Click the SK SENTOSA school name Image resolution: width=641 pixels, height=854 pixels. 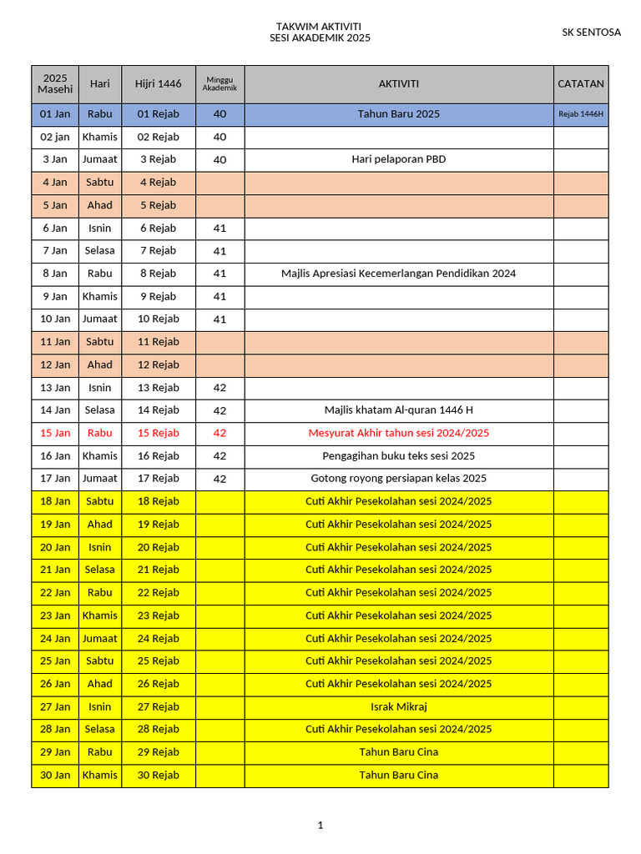(x=591, y=33)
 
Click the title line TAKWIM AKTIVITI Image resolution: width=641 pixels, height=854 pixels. (x=319, y=27)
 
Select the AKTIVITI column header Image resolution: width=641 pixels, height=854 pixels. (x=399, y=84)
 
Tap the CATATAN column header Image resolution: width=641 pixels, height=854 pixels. (x=581, y=84)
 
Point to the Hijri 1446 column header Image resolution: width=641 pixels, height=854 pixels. (x=159, y=84)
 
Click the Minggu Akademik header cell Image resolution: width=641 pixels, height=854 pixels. (x=220, y=84)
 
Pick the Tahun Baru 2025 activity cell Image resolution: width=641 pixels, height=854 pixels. (x=399, y=114)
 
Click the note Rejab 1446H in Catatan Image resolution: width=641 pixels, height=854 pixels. (x=581, y=114)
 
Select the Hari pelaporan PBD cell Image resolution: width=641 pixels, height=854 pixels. (x=399, y=159)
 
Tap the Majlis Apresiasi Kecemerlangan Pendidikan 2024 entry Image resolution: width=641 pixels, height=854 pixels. (x=399, y=274)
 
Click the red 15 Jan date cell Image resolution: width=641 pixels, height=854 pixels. (x=56, y=433)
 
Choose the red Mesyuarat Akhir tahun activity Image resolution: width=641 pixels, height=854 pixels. (x=399, y=433)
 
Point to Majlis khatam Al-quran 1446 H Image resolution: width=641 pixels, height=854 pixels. (x=399, y=410)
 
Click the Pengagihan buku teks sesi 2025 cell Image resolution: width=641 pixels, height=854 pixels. (x=399, y=456)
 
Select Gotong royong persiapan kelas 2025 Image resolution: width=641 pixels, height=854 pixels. (x=399, y=479)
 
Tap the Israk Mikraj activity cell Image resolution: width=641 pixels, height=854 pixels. (x=399, y=706)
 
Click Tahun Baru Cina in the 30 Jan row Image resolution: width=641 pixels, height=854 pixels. (x=399, y=775)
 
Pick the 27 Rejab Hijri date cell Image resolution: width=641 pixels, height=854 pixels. (x=159, y=706)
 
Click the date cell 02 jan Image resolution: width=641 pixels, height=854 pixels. (x=56, y=137)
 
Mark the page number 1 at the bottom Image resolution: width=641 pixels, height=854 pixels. (x=320, y=826)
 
